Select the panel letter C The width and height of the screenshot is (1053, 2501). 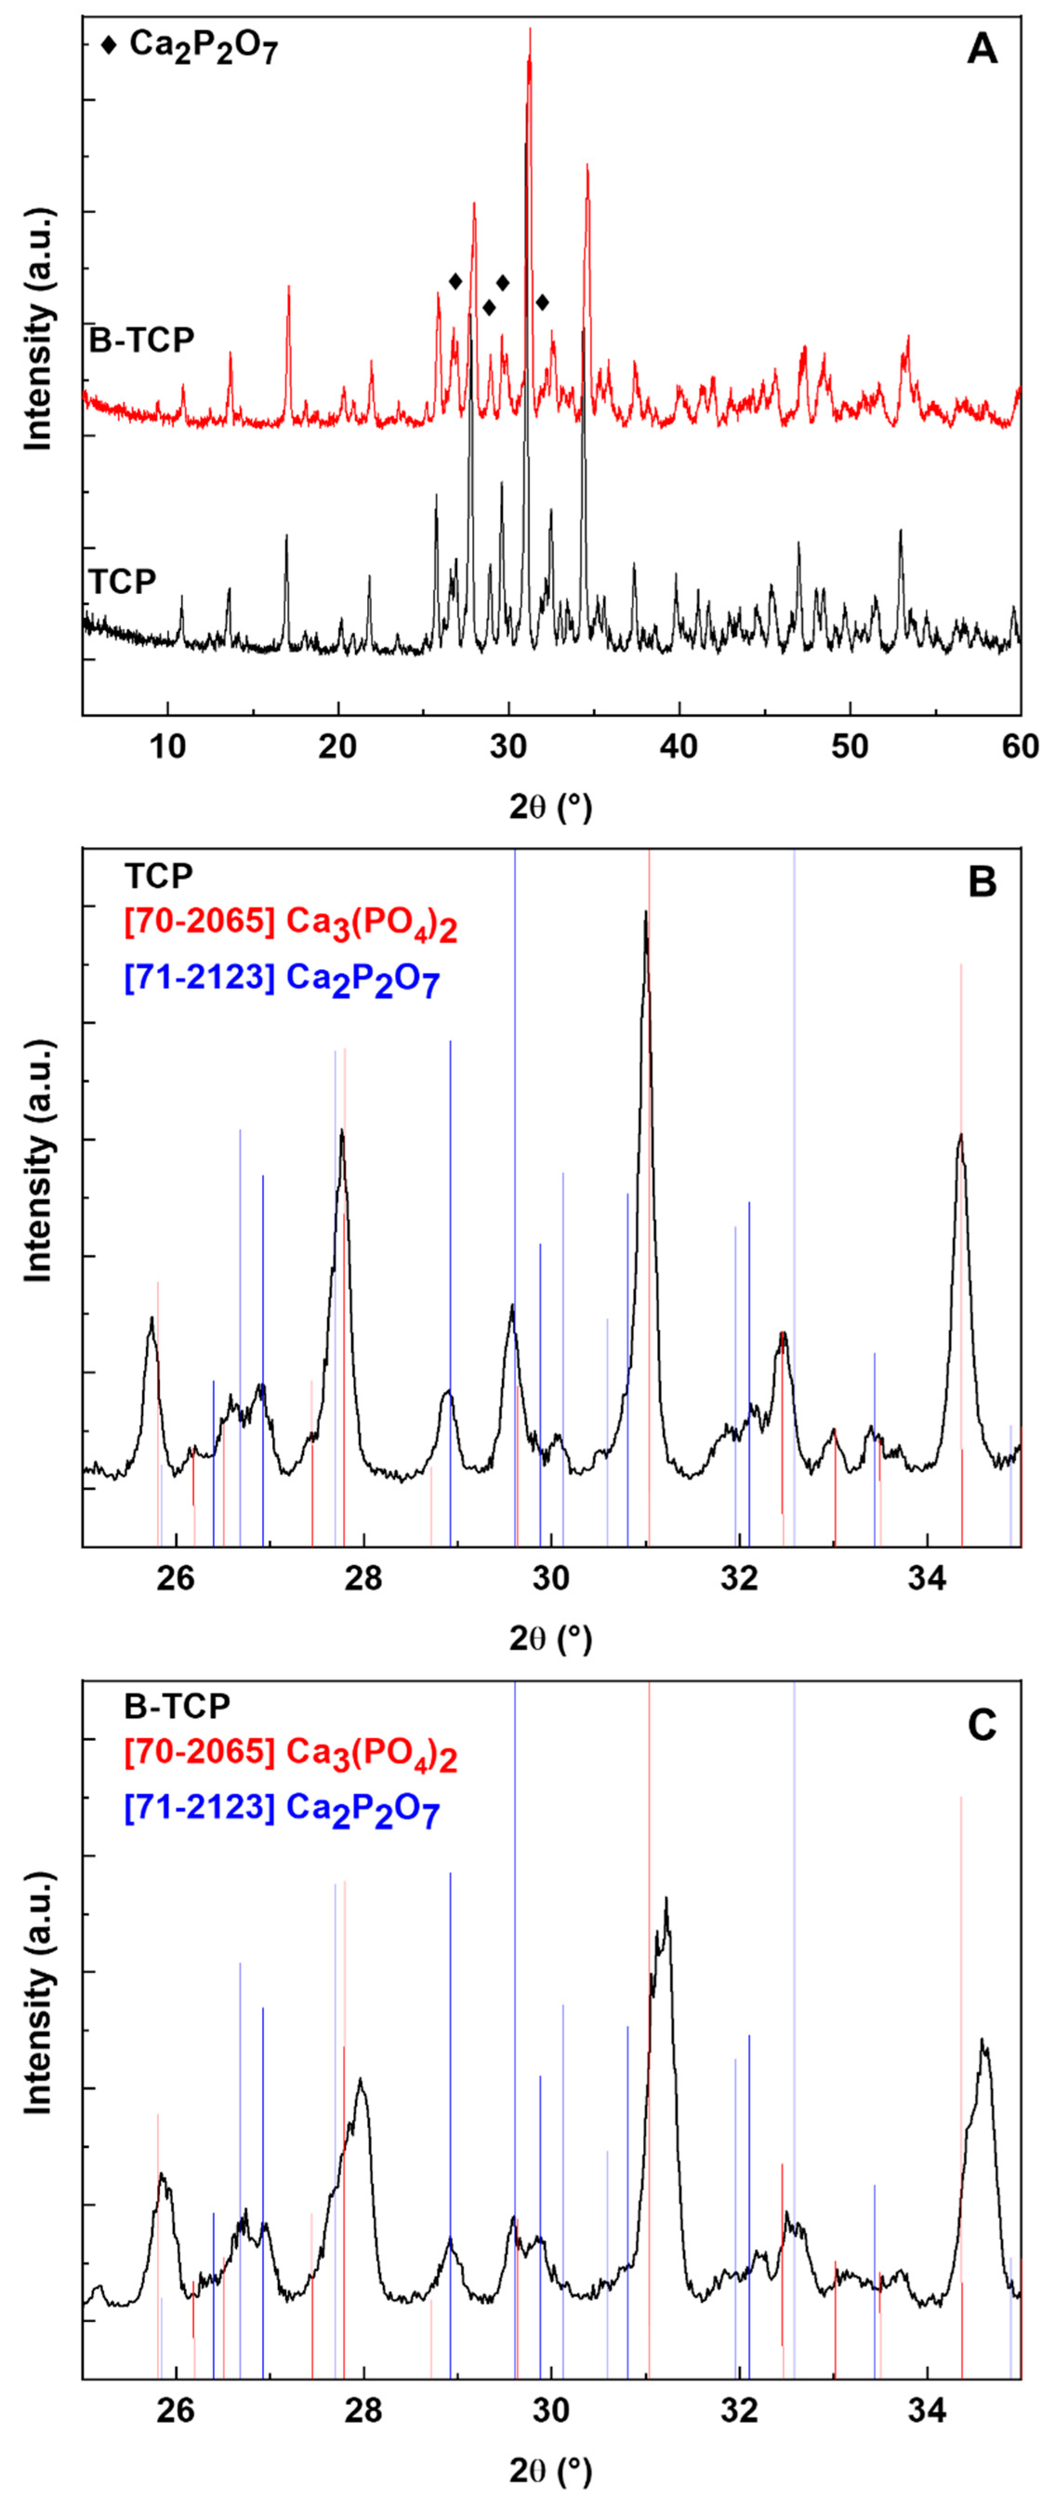pos(982,1726)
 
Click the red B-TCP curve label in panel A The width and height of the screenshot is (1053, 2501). pos(142,340)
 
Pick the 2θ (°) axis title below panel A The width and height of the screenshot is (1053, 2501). pos(551,806)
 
